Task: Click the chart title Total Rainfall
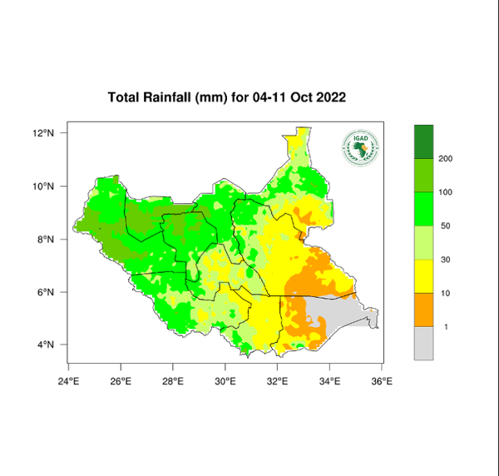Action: click(227, 97)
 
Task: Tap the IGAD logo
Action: click(359, 147)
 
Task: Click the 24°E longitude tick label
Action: click(68, 382)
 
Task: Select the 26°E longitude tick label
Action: click(121, 382)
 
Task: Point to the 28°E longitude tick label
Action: click(173, 382)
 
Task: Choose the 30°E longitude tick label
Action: click(225, 382)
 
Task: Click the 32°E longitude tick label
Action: click(278, 382)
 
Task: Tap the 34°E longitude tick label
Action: click(330, 382)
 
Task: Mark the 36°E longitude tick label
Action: click(383, 382)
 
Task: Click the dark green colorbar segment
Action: click(426, 141)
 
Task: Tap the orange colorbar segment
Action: click(426, 310)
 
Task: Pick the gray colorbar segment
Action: click(426, 343)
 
